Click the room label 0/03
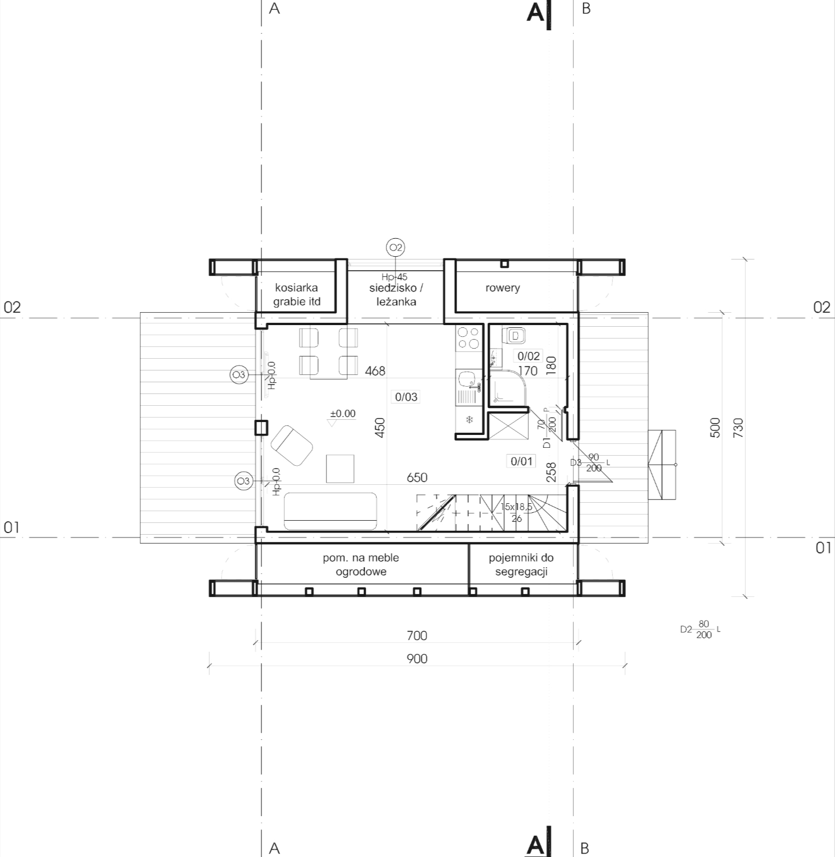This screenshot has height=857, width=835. tap(406, 397)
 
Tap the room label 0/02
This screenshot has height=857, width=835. tap(528, 356)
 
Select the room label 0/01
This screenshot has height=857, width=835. tap(522, 461)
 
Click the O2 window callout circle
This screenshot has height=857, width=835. tap(395, 247)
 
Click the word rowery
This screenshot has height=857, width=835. tap(502, 288)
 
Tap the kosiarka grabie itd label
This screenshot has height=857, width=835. tap(297, 294)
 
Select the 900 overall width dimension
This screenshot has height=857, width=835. tap(417, 659)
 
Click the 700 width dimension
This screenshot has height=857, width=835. tap(417, 636)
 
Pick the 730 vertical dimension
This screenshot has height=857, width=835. tap(738, 428)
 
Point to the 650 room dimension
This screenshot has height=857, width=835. tap(417, 478)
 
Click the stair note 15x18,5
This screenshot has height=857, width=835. tap(517, 507)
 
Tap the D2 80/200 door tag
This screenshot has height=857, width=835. tap(700, 629)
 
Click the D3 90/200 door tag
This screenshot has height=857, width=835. tap(590, 462)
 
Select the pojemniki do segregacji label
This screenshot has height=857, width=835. tap(521, 565)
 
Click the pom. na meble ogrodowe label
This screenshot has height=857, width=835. tap(361, 565)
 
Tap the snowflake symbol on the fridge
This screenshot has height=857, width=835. tap(470, 420)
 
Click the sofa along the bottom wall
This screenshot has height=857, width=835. tap(330, 511)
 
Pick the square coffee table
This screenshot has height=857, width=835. tap(340, 469)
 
